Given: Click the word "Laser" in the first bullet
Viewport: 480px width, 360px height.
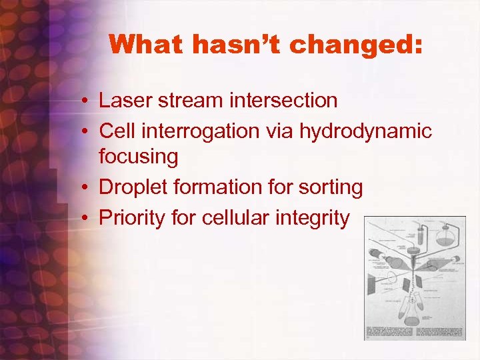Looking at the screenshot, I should point(124,101).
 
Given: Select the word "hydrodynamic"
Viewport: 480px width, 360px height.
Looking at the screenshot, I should point(365,131).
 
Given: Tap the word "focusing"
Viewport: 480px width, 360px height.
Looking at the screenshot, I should point(139,157).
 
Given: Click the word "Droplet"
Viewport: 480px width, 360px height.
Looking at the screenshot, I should point(132,188).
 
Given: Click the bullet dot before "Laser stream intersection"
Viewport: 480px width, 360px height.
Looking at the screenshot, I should point(87,101).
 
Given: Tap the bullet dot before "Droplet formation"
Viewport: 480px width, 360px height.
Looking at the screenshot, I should point(87,189).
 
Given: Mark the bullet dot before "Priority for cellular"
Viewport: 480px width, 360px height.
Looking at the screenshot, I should point(87,218).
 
